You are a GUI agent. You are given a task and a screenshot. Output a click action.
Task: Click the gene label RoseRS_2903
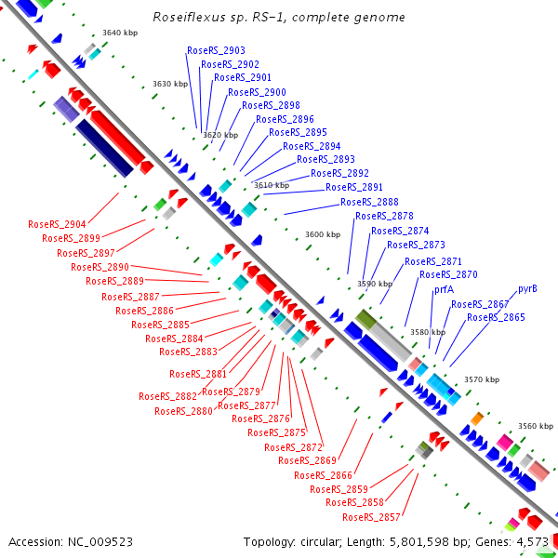[x=216, y=50]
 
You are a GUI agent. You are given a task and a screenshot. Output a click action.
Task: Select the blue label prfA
[x=444, y=289]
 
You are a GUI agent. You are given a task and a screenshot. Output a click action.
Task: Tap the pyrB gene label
[x=527, y=288]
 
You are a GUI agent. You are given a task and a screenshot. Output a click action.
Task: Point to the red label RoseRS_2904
[x=57, y=224]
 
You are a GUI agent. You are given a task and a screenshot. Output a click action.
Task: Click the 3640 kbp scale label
[x=120, y=33]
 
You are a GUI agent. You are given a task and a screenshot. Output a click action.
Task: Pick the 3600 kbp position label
[x=323, y=234]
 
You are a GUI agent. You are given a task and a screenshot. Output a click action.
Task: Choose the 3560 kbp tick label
[x=536, y=426]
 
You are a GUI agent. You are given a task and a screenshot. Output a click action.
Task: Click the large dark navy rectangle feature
[x=104, y=148]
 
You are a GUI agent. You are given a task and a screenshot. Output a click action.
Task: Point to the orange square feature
[x=477, y=418]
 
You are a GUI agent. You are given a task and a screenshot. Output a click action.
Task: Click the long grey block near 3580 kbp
[x=391, y=342]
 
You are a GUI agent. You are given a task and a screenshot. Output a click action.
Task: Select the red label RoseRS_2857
[x=371, y=517]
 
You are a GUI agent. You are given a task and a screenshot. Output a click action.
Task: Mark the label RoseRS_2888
[x=369, y=202]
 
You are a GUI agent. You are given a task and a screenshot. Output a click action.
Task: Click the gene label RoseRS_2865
[x=496, y=317]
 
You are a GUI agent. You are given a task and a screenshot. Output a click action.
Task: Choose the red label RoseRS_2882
[x=167, y=396]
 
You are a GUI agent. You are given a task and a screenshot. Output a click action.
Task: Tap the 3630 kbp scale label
[x=170, y=84]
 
